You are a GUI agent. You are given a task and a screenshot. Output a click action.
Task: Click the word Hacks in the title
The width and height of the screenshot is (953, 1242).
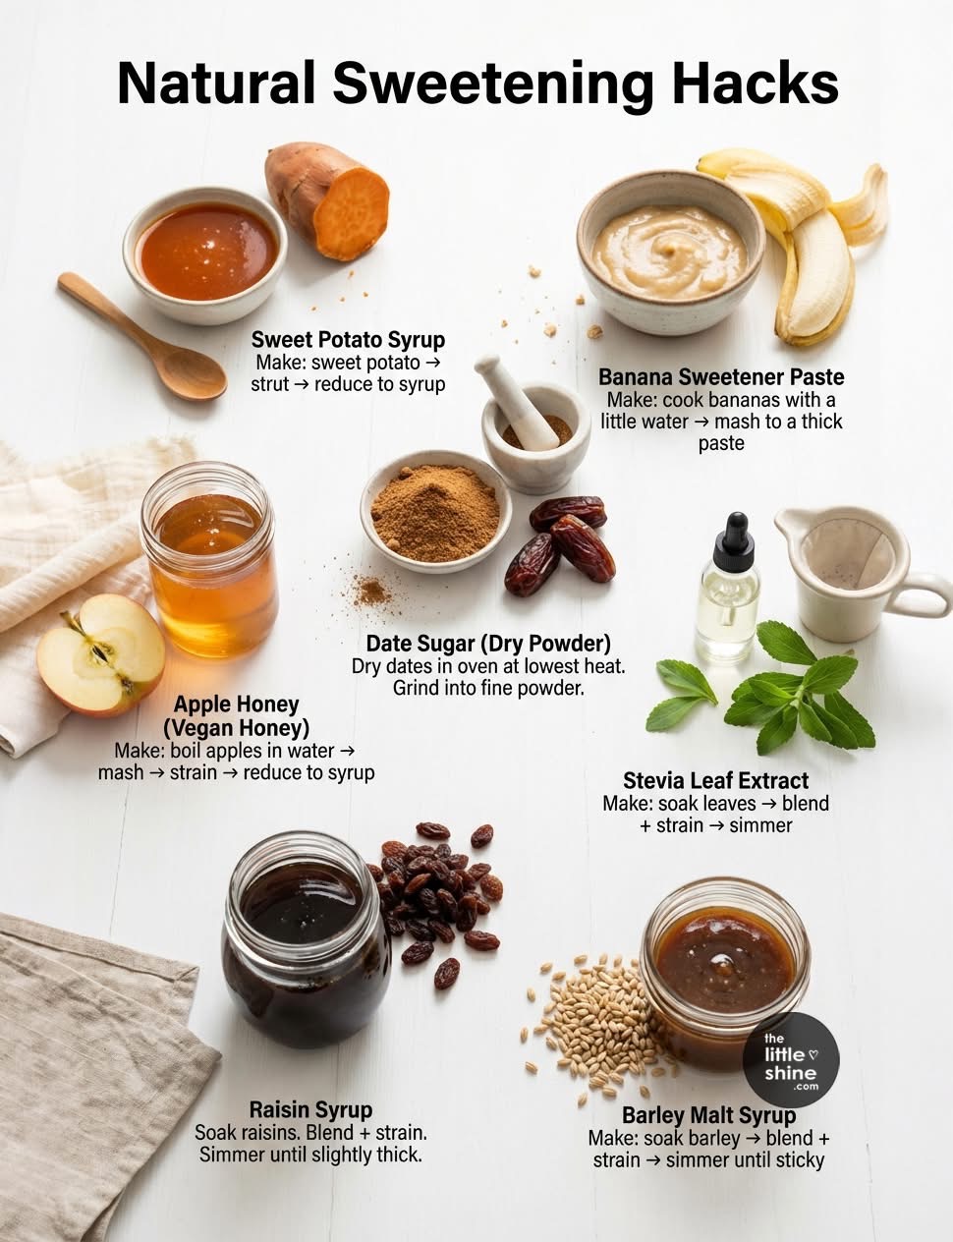click(x=755, y=84)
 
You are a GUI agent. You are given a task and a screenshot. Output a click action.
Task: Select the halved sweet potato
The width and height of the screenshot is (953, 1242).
click(x=327, y=200)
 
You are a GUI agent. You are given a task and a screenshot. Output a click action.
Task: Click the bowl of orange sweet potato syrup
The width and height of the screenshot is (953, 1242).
click(x=205, y=254)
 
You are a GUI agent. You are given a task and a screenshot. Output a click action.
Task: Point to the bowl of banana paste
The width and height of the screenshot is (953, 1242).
click(x=670, y=253)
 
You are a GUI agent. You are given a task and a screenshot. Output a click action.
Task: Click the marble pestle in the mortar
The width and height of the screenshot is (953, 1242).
click(x=516, y=401)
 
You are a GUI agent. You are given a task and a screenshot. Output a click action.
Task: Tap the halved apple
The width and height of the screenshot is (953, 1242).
click(x=101, y=655)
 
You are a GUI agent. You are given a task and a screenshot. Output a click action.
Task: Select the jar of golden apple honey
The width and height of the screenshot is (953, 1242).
click(x=209, y=560)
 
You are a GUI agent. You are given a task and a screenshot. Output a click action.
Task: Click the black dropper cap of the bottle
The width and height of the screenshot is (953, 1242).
click(x=734, y=535)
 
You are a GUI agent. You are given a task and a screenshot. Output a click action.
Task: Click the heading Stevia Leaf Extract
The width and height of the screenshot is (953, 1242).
click(x=716, y=781)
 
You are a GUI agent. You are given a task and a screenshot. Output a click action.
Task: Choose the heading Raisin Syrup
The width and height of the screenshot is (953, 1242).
click(x=310, y=1110)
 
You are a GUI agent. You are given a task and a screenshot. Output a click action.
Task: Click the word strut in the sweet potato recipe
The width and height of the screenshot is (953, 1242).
click(x=269, y=384)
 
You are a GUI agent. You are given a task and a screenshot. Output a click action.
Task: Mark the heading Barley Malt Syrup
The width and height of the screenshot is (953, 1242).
click(x=708, y=1115)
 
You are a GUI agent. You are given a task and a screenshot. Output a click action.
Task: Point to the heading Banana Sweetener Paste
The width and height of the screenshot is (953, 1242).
click(x=721, y=377)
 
